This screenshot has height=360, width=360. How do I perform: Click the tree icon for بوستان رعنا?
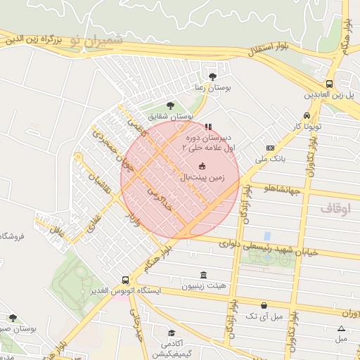(213, 77)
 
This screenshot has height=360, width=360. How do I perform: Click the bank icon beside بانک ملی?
(271, 148)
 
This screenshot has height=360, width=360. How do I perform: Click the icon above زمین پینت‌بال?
(203, 167)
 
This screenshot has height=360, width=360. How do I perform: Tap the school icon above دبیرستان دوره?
(207, 127)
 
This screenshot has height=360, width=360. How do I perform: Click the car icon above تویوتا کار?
(307, 115)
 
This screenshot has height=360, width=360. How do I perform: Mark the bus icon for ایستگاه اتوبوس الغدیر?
(125, 279)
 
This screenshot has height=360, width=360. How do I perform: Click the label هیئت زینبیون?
(204, 286)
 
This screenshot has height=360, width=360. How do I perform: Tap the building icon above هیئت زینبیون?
(204, 275)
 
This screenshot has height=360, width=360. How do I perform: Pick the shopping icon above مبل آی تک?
(264, 305)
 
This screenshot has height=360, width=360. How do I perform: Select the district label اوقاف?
(335, 209)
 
